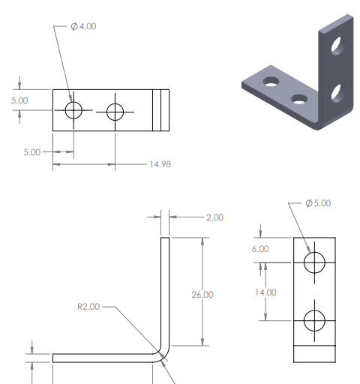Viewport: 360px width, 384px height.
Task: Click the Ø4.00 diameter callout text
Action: click(x=83, y=26)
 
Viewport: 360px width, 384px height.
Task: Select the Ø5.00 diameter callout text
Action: click(x=318, y=203)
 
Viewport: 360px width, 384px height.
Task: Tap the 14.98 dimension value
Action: click(x=160, y=164)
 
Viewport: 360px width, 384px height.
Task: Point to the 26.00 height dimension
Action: click(x=202, y=295)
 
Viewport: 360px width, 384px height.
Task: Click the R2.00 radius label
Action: click(x=88, y=307)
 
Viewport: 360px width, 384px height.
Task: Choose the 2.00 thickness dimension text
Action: click(x=214, y=217)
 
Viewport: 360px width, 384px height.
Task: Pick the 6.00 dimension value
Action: click(x=260, y=249)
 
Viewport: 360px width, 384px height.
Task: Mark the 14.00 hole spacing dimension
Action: click(x=265, y=292)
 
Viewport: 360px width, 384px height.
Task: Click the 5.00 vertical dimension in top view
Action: click(x=19, y=100)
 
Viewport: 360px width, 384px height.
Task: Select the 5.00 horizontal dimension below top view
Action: click(x=32, y=152)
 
